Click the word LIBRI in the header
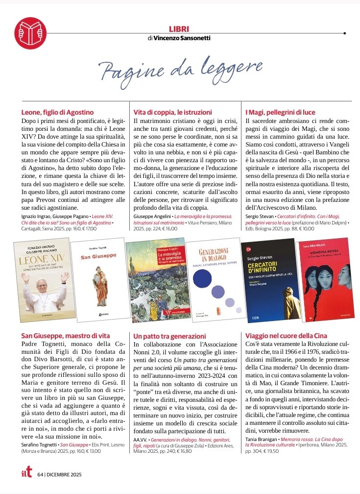click(x=178, y=29)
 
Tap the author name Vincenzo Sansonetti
click(x=182, y=38)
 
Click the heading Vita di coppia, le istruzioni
click(x=173, y=112)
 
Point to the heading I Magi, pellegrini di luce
click(x=280, y=112)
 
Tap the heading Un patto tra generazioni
click(x=170, y=336)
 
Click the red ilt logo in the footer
click(x=26, y=474)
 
